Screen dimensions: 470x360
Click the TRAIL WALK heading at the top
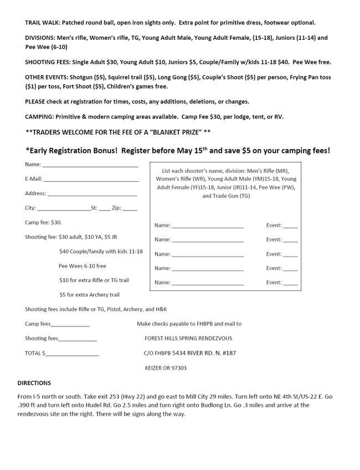click(x=42, y=23)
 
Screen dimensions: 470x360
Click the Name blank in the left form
click(x=90, y=165)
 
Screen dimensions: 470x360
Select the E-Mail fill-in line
click(x=91, y=180)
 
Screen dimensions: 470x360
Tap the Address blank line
click(x=92, y=195)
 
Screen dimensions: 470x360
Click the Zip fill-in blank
click(x=130, y=209)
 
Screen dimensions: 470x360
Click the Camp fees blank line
click(x=70, y=325)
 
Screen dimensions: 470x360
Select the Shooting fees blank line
click(x=78, y=339)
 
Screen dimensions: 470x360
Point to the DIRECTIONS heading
click(x=34, y=383)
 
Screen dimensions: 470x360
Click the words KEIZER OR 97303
click(x=166, y=368)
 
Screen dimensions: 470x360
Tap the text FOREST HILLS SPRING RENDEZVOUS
click(x=188, y=339)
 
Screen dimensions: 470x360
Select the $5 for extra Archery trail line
click(x=89, y=295)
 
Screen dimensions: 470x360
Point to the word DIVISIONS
click(x=40, y=38)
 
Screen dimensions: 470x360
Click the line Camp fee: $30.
click(x=43, y=222)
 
